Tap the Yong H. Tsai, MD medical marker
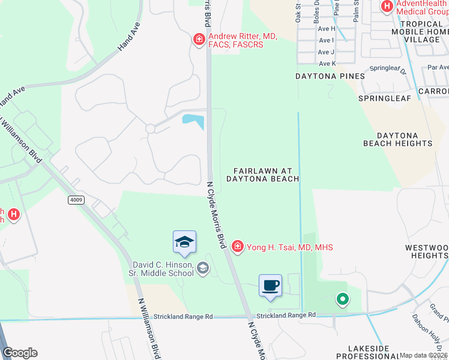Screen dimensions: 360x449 237,247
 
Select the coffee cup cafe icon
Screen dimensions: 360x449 270,285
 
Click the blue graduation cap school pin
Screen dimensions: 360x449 184,241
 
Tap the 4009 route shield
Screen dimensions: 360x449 76,200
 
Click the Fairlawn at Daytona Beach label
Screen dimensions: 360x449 262,175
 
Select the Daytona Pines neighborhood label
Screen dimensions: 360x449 330,76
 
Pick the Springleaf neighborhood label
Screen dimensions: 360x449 382,97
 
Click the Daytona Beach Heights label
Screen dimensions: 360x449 397,140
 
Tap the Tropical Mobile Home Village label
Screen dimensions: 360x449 420,31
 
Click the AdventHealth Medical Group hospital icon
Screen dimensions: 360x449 387,7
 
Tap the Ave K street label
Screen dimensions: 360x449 328,64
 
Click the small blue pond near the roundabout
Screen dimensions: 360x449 193,121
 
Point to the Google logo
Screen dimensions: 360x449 20,353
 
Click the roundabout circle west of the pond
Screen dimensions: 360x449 150,128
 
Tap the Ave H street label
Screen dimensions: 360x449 327,28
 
